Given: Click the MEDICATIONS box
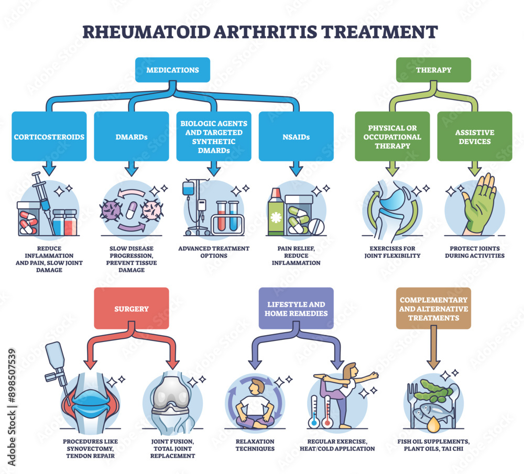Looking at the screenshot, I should [172, 70].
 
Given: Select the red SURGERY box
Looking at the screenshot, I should [132, 308].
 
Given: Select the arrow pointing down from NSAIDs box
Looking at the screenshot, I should [296, 168].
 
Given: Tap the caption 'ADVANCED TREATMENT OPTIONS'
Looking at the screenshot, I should [213, 251].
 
